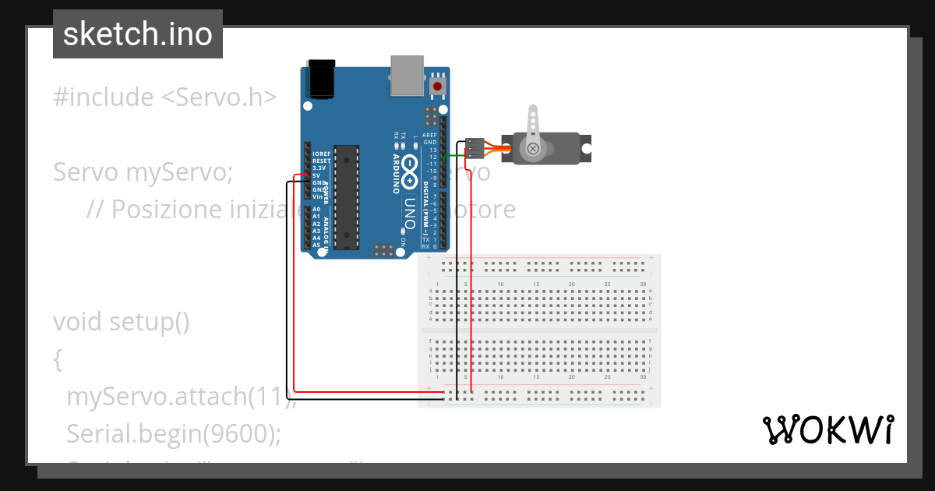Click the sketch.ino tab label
pos(137,34)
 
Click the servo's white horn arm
pos(533,129)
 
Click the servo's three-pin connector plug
pos(474,148)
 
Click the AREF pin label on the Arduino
pos(429,136)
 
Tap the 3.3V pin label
pos(319,168)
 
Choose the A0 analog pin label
pos(316,210)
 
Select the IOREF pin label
pos(321,154)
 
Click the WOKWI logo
pos(827,429)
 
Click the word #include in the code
pos(104,97)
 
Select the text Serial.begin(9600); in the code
pos(173,433)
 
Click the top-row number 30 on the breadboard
pos(643,284)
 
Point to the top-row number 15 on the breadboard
pos(536,284)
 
